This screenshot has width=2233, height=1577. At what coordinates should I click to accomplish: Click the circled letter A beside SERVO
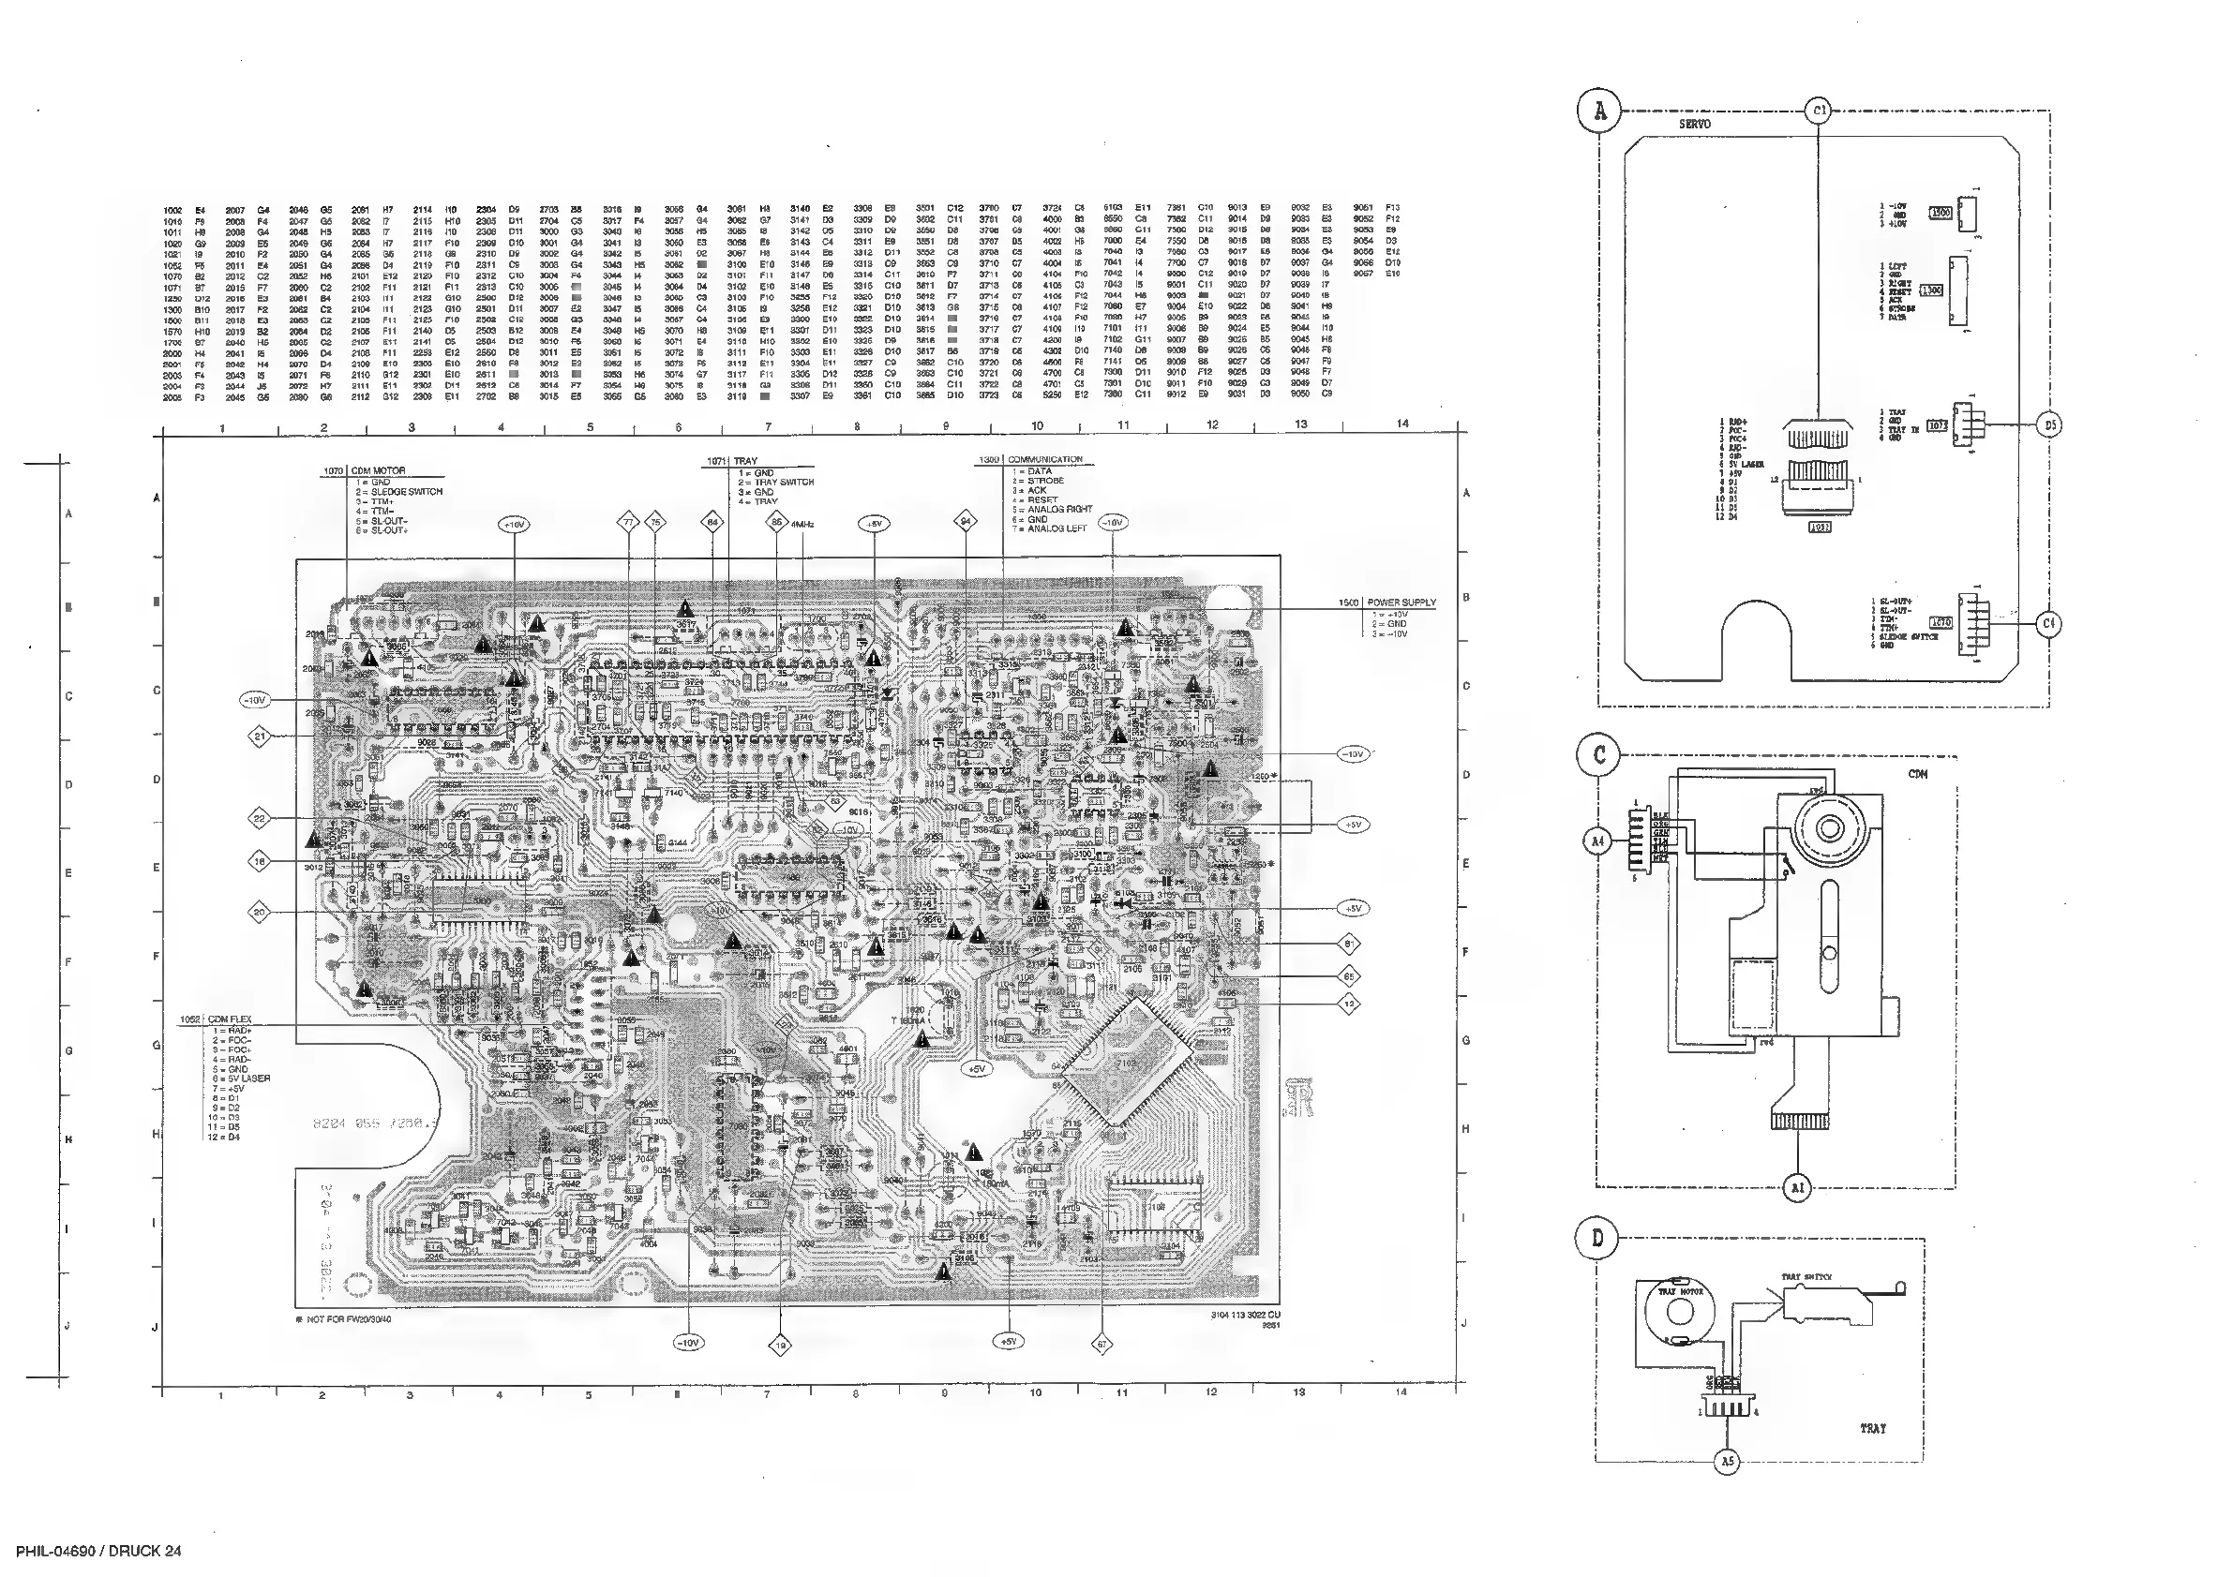1600,112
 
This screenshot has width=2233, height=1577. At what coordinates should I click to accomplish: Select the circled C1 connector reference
1820,112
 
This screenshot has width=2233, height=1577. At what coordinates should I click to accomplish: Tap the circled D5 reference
2049,424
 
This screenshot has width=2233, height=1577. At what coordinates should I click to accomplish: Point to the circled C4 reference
2049,623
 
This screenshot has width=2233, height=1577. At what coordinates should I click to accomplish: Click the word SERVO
1694,125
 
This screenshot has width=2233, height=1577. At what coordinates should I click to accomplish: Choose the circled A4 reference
1597,842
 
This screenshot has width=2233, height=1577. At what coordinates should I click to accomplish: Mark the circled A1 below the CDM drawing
1797,1187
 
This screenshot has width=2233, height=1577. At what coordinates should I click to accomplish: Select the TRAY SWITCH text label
1806,1276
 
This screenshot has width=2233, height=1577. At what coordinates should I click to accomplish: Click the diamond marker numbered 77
628,522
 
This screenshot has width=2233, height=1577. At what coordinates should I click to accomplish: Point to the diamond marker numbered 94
966,522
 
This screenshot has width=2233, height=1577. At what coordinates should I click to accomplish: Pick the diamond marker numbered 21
260,737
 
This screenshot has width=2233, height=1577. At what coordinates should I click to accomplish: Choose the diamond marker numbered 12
1349,1004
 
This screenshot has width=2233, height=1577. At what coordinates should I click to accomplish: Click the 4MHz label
802,524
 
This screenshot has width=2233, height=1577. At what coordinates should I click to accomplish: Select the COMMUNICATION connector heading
1044,459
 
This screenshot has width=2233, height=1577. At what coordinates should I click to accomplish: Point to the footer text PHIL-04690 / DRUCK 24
98,1552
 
